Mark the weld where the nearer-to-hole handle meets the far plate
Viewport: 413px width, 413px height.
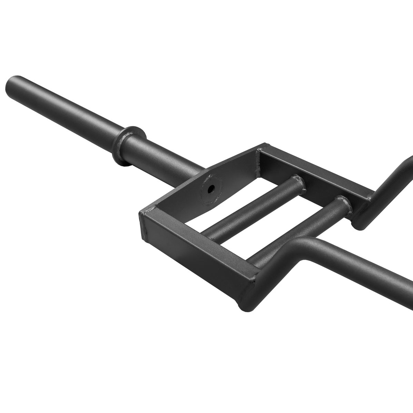click(x=297, y=182)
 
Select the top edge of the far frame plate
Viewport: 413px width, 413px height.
click(x=311, y=169)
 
